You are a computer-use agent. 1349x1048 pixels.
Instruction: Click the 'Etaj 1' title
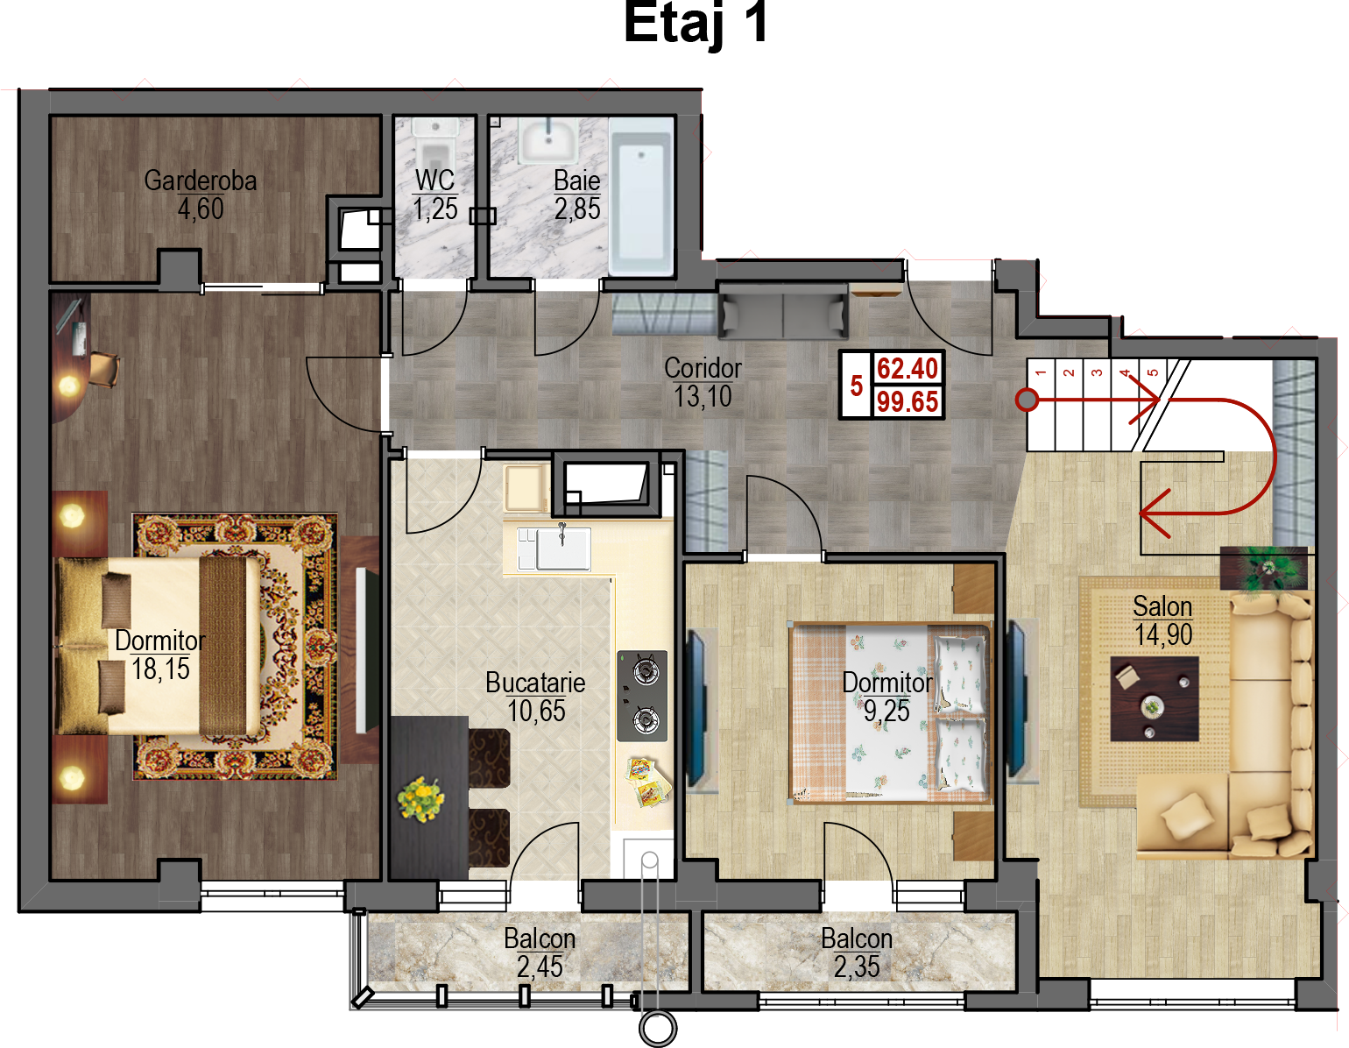696,24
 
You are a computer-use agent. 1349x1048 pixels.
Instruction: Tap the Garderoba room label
201,181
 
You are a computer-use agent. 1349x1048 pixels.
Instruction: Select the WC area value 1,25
435,209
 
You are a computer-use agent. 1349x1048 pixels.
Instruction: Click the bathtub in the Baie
641,197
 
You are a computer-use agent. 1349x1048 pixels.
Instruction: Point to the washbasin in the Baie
548,141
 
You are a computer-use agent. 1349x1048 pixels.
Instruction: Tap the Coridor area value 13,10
703,397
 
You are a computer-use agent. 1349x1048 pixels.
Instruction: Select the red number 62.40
907,369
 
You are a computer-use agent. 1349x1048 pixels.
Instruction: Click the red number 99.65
907,401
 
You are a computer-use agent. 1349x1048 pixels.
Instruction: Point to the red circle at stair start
1027,400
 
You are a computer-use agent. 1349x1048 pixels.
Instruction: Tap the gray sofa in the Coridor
783,310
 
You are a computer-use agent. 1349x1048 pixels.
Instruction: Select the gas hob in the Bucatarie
642,696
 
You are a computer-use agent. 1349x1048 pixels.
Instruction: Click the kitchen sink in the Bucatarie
562,549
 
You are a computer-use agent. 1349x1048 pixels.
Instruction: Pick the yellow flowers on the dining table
420,800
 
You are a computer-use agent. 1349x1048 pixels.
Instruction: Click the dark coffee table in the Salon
1154,699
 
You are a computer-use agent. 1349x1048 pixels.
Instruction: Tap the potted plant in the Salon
1264,568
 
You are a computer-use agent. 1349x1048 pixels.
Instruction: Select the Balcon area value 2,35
857,967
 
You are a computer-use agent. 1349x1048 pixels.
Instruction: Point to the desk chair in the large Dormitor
104,369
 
